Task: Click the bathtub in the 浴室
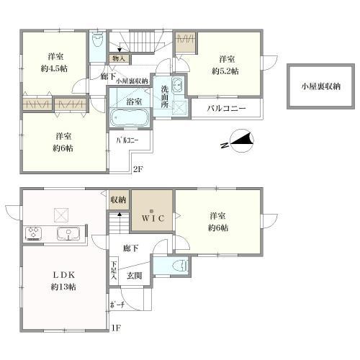point(130,118)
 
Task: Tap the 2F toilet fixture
point(98,39)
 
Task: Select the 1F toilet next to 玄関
point(181,266)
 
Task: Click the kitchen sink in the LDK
point(68,233)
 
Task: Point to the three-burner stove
point(33,233)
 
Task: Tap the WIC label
point(153,218)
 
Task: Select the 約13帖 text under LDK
point(63,287)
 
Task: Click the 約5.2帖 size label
point(225,71)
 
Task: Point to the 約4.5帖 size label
point(54,68)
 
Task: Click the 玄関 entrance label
point(135,276)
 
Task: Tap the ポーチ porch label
point(117,305)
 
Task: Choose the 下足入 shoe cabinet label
point(114,270)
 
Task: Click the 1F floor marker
point(116,328)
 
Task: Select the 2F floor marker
point(138,169)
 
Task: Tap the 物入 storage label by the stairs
point(119,58)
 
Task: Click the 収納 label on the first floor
point(118,199)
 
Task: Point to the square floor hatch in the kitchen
point(61,215)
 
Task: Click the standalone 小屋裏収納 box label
point(321,86)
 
